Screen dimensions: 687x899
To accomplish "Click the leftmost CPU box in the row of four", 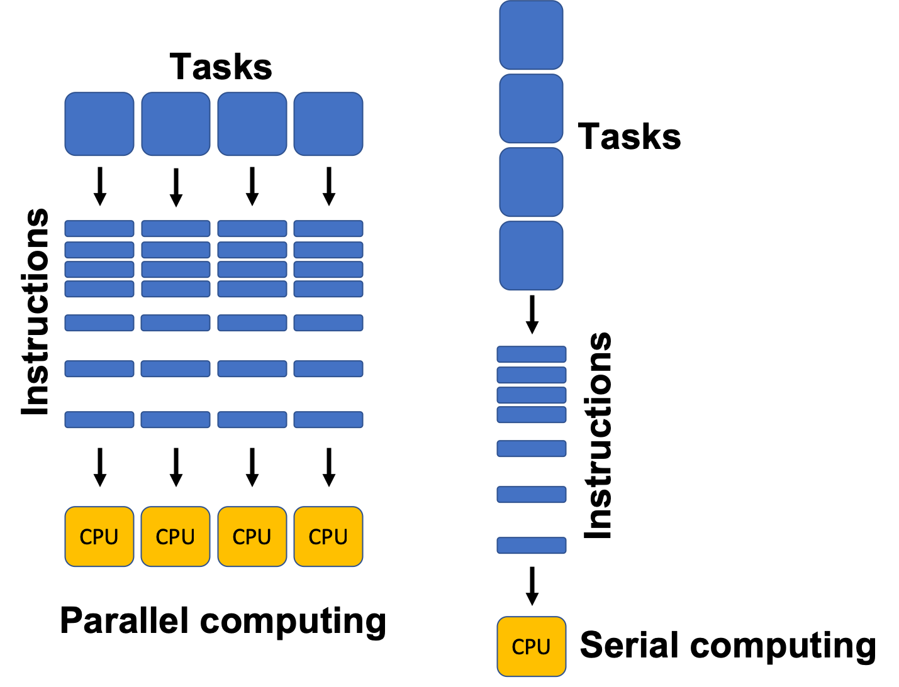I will pos(99,537).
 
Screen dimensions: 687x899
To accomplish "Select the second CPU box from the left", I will pos(176,537).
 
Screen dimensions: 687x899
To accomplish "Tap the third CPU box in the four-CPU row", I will pos(252,537).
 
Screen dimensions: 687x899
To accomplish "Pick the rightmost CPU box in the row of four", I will pos(328,537).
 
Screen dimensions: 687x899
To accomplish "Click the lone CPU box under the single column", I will pos(531,647).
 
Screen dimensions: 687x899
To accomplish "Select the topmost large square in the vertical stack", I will pos(531,35).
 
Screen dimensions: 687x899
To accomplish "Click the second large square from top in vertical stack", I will pos(531,109).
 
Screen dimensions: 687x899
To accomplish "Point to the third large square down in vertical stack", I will pos(531,182).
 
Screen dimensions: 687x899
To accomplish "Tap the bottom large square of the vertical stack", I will pos(531,256).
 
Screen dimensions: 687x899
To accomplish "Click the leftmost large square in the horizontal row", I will pos(99,124).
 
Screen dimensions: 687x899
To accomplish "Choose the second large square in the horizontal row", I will pos(176,124).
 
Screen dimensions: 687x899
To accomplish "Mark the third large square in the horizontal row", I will pos(252,124).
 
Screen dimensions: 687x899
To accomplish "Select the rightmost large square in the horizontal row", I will pos(328,124).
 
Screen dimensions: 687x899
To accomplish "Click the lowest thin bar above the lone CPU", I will pos(531,545).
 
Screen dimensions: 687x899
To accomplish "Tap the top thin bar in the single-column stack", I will pos(531,354).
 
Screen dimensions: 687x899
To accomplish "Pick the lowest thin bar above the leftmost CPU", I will pos(99,419).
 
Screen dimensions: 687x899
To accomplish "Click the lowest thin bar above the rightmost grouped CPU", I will pos(328,419).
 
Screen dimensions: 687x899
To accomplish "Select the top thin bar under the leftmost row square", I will pos(99,228).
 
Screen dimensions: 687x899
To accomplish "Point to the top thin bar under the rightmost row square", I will pos(328,228).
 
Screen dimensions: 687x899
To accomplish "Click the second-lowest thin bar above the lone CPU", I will pos(531,494).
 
